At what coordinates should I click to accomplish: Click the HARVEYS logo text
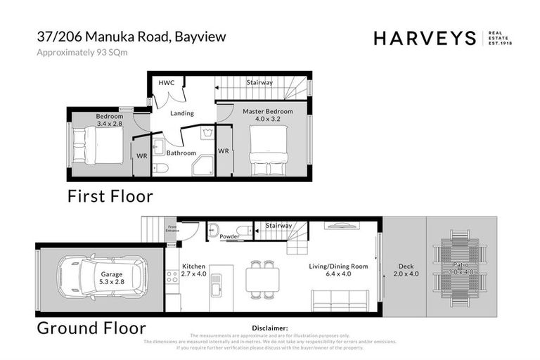425,39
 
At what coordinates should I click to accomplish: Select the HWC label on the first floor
166,83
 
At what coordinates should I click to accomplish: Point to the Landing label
182,113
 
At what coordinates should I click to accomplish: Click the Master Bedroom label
267,112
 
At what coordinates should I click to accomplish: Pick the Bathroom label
181,153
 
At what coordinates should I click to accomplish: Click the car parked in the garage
102,276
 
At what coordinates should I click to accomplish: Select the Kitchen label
193,267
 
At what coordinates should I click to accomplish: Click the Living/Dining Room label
339,267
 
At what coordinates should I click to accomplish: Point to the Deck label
406,267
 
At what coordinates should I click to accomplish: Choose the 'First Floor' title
110,196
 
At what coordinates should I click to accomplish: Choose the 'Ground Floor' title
91,328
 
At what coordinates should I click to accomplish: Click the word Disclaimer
270,328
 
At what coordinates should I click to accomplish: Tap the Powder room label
229,237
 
